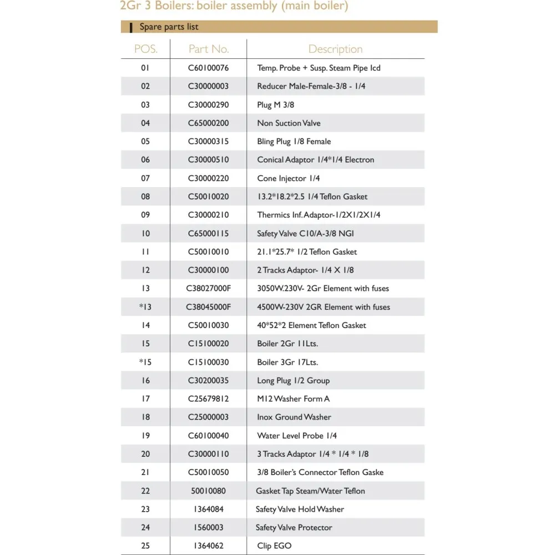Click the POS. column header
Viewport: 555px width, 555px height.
pyautogui.click(x=145, y=49)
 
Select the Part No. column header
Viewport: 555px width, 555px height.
pyautogui.click(x=209, y=49)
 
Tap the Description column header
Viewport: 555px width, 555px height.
pyautogui.click(x=335, y=49)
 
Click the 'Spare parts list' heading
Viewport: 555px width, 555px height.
pyautogui.click(x=169, y=27)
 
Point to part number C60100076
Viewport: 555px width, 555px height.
pyautogui.click(x=208, y=68)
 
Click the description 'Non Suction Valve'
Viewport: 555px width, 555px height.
pyautogui.click(x=289, y=123)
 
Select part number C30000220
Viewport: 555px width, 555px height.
pyautogui.click(x=208, y=178)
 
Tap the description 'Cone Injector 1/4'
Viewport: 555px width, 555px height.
pyautogui.click(x=288, y=178)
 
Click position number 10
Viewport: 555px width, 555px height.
pyautogui.click(x=145, y=234)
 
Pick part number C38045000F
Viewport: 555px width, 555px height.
pyautogui.click(x=209, y=307)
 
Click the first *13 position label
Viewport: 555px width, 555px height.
pyautogui.click(x=145, y=307)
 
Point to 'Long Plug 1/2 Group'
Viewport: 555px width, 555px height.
pyautogui.click(x=293, y=381)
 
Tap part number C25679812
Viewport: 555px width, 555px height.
pyautogui.click(x=208, y=398)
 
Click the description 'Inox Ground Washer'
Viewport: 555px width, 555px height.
pyautogui.click(x=294, y=417)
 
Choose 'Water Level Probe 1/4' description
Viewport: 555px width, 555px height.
pyautogui.click(x=296, y=436)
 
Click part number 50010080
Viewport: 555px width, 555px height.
pyautogui.click(x=208, y=491)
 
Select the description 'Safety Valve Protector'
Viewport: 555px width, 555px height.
pyautogui.click(x=294, y=527)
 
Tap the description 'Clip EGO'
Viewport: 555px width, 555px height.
pyautogui.click(x=274, y=546)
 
